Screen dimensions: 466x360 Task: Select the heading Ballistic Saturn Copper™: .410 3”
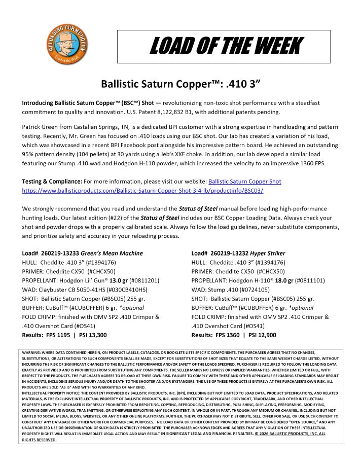[x=179, y=83]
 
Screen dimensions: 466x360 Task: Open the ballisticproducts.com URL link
[x=142, y=190]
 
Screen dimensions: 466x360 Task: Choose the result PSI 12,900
[x=262, y=335]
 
